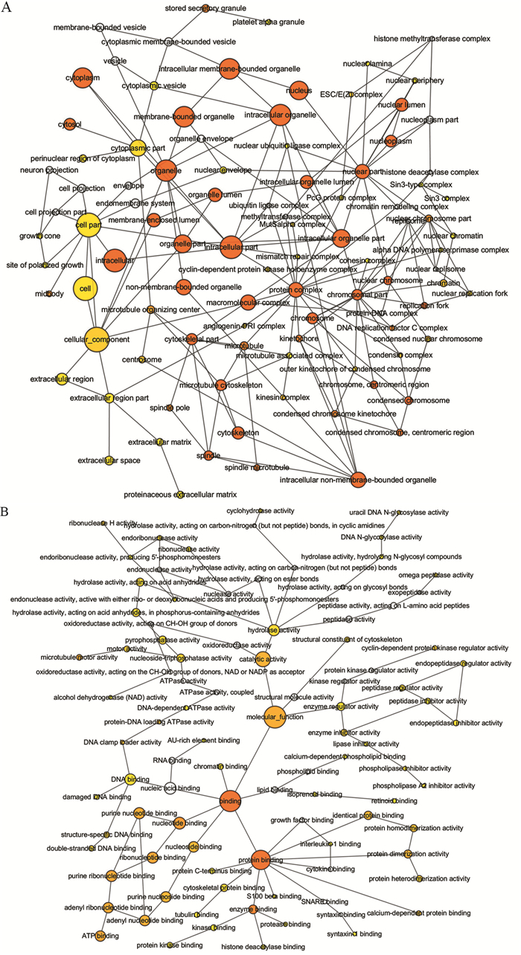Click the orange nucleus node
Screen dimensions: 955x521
298,90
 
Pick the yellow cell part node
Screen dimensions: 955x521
89,225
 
